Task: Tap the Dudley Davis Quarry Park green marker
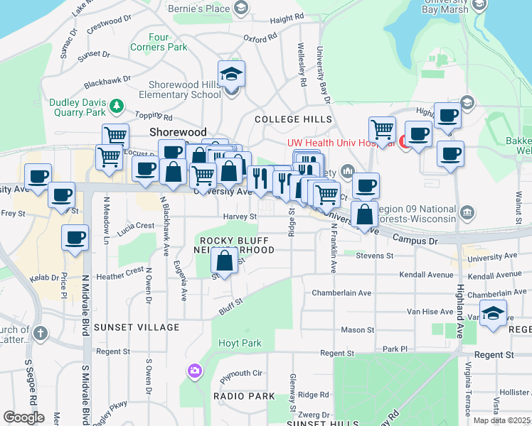[x=117, y=107]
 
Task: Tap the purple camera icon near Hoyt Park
[x=194, y=371]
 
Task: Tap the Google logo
[x=23, y=417]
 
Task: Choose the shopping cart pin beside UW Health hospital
[x=382, y=129]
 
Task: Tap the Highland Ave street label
[x=460, y=297]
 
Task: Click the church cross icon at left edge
[x=41, y=332]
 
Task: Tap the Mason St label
[x=357, y=329]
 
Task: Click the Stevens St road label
[x=375, y=256]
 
